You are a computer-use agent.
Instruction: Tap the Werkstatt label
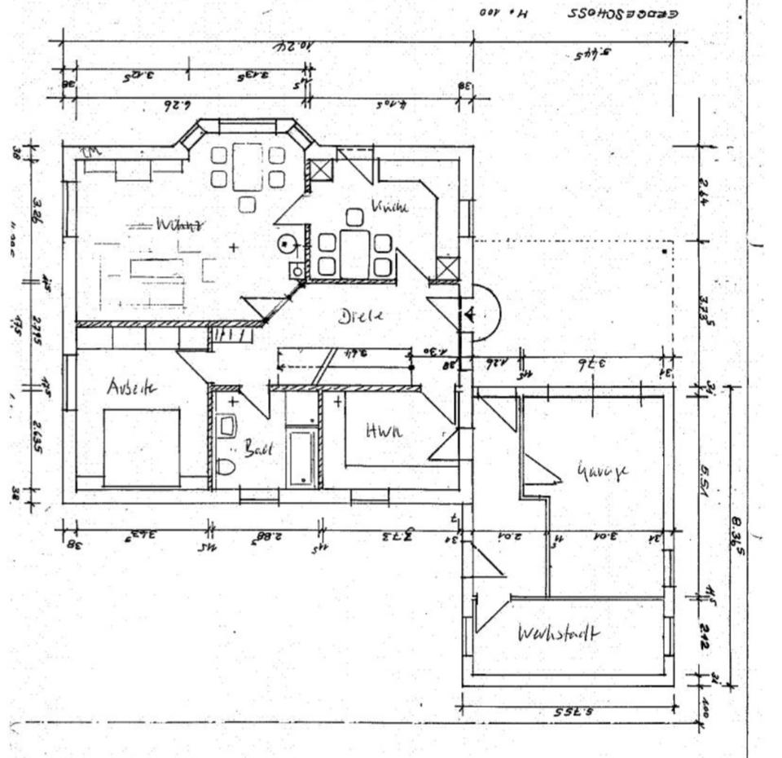click(x=559, y=633)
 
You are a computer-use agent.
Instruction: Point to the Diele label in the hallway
click(x=359, y=316)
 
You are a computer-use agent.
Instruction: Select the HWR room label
click(x=383, y=433)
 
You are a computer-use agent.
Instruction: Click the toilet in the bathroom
click(x=226, y=467)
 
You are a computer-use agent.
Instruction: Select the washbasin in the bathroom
click(x=226, y=425)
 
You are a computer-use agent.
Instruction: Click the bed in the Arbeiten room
click(x=141, y=447)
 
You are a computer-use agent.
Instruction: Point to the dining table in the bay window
click(x=247, y=166)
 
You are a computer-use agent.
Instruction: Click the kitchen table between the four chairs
click(x=354, y=253)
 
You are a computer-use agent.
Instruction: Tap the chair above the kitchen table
click(x=354, y=217)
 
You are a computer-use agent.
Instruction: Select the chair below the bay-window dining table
click(x=247, y=203)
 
